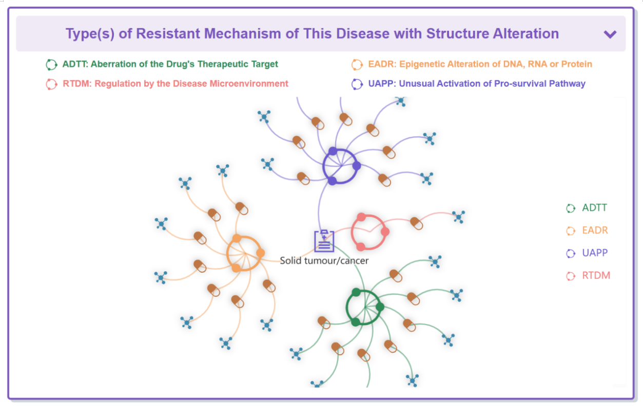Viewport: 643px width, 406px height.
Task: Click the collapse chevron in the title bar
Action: click(x=610, y=34)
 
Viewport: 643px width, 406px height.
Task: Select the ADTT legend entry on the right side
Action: click(x=594, y=208)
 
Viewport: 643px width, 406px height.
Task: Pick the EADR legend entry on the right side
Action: click(x=595, y=231)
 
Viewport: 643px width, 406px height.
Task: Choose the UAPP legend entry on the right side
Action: click(x=594, y=253)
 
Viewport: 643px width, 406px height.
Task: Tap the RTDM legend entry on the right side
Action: click(x=596, y=276)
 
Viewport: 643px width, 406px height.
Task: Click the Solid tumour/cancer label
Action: click(x=324, y=260)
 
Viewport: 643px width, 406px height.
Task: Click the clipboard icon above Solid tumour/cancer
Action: click(x=324, y=241)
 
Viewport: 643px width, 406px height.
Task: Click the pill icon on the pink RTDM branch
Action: click(x=416, y=224)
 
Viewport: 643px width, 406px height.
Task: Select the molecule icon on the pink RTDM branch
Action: click(x=459, y=217)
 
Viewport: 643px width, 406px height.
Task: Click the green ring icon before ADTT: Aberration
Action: click(x=51, y=65)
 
